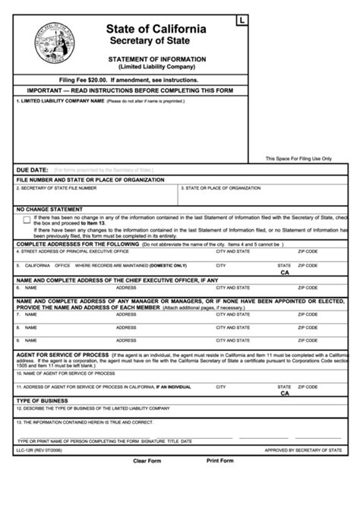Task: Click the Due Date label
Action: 32,169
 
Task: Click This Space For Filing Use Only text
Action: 298,159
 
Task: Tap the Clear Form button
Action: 148,461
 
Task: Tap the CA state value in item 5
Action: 285,272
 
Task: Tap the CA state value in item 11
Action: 285,393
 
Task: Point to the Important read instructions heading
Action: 128,90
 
